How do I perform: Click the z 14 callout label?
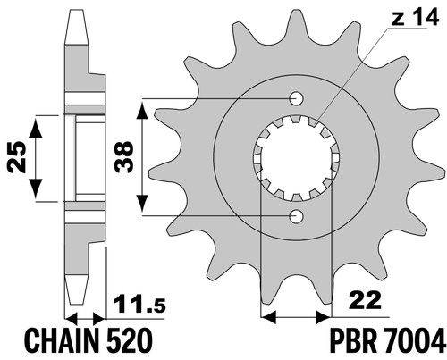(416, 18)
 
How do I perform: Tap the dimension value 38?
(124, 157)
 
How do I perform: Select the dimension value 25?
(17, 157)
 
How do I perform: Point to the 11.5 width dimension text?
(140, 304)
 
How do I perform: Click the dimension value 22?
(366, 300)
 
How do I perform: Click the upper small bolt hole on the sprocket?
(296, 98)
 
